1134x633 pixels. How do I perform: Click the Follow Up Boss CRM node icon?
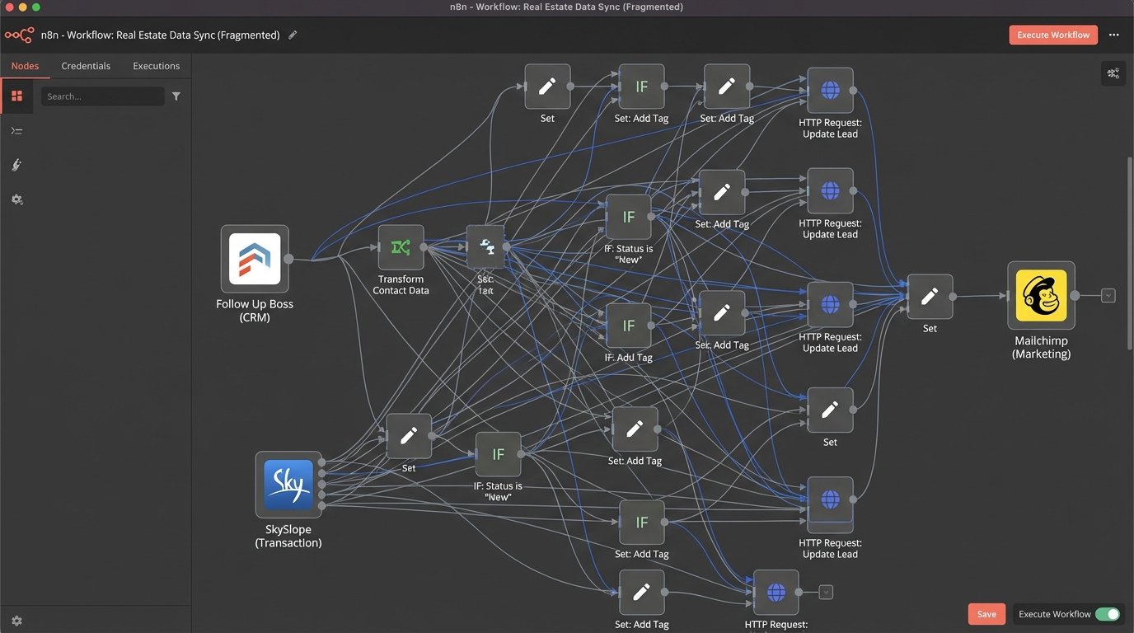[x=255, y=259]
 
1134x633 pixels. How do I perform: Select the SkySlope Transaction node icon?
[x=288, y=485]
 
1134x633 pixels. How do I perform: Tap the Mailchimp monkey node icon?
[x=1041, y=295]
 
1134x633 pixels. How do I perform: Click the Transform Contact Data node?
[x=401, y=247]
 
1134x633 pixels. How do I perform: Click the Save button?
[x=986, y=614]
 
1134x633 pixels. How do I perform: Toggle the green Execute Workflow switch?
[x=1107, y=614]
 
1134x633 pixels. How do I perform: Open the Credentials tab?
[x=86, y=66]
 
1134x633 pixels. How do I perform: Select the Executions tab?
[x=156, y=66]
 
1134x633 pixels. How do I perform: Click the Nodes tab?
[x=25, y=66]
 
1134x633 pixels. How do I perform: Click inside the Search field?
[x=102, y=96]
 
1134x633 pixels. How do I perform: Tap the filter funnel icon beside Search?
[x=176, y=96]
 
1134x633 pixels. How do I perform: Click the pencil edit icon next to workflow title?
[x=293, y=35]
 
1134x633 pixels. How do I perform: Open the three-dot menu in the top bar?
[x=1114, y=35]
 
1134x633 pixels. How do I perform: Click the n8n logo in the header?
[x=19, y=35]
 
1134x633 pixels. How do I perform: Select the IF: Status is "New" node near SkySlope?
[x=498, y=455]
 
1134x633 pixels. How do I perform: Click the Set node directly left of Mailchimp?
[x=930, y=297]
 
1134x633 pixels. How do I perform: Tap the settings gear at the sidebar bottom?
[x=16, y=621]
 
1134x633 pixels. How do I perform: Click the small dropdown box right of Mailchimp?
[x=1108, y=295]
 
